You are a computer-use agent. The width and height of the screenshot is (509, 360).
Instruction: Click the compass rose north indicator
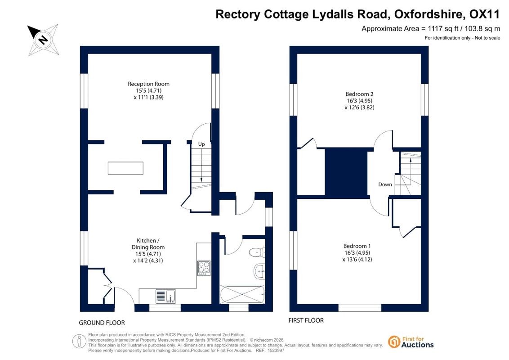click(x=43, y=40)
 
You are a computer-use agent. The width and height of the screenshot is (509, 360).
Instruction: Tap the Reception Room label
click(x=148, y=84)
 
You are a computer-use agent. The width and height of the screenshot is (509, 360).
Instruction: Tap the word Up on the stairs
click(x=201, y=144)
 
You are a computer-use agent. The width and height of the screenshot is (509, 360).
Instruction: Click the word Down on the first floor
click(x=385, y=184)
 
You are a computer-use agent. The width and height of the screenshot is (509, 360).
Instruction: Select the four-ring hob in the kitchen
click(x=204, y=268)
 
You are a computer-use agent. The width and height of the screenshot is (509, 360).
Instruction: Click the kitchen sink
click(x=166, y=296)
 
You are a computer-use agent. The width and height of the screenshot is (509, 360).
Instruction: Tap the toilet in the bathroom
click(x=257, y=252)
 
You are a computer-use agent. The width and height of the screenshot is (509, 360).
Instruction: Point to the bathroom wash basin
click(x=259, y=271)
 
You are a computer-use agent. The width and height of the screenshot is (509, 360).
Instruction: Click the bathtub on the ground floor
click(x=242, y=294)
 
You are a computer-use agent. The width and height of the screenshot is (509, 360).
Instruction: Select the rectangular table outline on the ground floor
click(x=125, y=168)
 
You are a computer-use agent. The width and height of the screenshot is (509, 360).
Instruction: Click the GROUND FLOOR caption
click(x=102, y=323)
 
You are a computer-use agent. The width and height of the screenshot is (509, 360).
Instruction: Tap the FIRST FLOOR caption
click(x=306, y=320)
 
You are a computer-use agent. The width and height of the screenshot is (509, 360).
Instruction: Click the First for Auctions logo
click(x=411, y=342)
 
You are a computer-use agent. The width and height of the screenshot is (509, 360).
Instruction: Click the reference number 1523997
click(x=275, y=350)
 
